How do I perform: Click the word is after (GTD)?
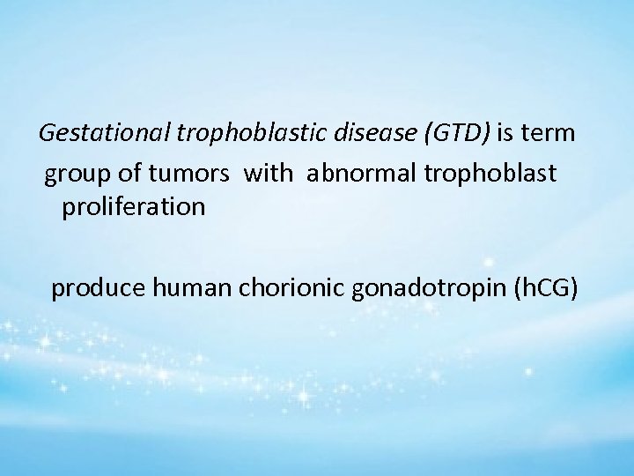point(508,135)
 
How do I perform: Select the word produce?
point(93,289)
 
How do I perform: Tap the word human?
point(180,288)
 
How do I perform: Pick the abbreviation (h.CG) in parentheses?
point(543,288)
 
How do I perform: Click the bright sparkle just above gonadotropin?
point(487,262)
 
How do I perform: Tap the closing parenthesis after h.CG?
point(574,288)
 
